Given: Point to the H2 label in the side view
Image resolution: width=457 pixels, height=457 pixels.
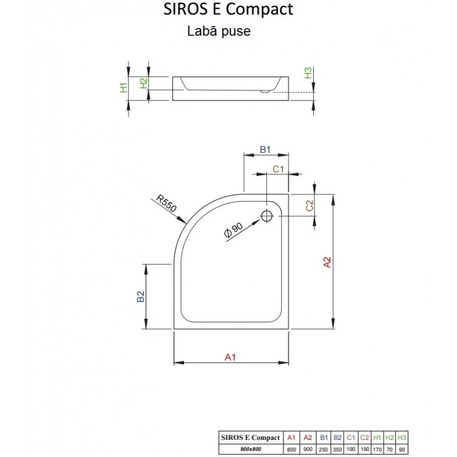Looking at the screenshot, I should pyautogui.click(x=144, y=83).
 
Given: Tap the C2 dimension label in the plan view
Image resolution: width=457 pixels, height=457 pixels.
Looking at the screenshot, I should pyautogui.click(x=310, y=206).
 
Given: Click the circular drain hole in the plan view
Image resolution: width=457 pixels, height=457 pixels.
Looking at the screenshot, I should pyautogui.click(x=267, y=215).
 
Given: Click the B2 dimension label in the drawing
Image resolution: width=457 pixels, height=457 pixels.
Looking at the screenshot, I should pyautogui.click(x=140, y=297).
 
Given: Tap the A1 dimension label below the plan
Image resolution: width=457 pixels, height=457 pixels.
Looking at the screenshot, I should pyautogui.click(x=230, y=357).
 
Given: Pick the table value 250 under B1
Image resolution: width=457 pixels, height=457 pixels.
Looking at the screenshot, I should pyautogui.click(x=324, y=448).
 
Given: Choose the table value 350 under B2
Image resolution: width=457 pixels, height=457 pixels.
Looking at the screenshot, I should pyautogui.click(x=338, y=448).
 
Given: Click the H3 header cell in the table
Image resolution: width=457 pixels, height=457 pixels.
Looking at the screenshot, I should pyautogui.click(x=401, y=438).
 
